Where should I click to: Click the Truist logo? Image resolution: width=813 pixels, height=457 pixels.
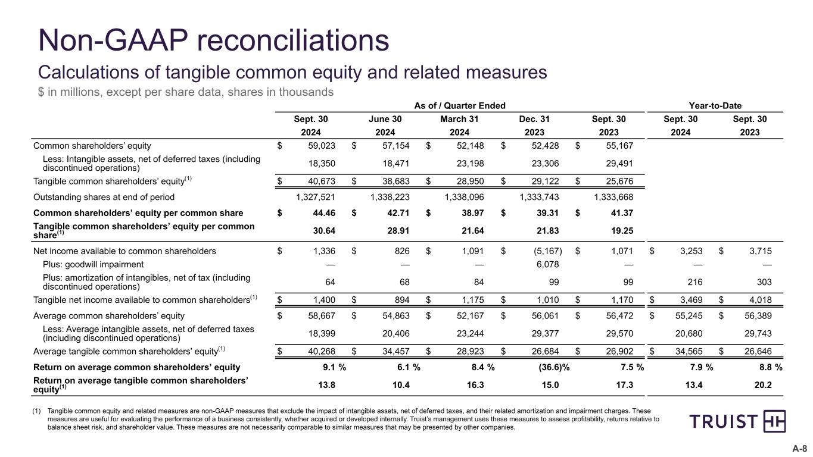737,421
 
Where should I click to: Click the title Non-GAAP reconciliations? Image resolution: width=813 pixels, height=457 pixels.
214,40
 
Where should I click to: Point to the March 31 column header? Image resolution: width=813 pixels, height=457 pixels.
459,119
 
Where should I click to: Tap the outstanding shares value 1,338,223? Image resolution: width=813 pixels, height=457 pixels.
397,196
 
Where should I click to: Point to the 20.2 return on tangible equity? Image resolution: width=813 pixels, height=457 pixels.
763,385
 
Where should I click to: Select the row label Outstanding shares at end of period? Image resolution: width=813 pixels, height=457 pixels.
104,196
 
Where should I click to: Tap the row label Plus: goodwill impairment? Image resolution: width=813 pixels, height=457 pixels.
93,264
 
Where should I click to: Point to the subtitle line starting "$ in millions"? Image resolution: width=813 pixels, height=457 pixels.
186,92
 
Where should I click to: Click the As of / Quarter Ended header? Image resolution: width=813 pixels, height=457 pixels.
459,105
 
